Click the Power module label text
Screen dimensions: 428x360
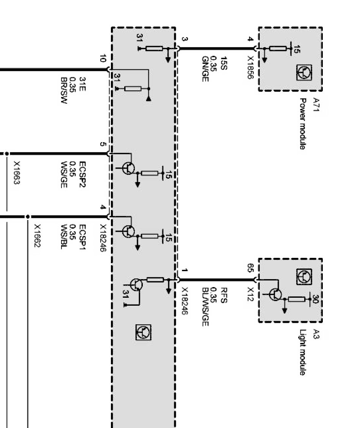pos(303,124)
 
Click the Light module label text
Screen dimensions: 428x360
pos(303,352)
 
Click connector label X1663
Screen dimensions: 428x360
pos(17,173)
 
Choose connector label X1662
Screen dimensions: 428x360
pos(37,235)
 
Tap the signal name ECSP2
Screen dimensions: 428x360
pos(83,174)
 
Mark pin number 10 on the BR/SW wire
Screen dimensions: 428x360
pos(102,59)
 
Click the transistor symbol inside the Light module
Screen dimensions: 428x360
pos(276,294)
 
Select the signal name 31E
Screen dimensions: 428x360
pos(83,84)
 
